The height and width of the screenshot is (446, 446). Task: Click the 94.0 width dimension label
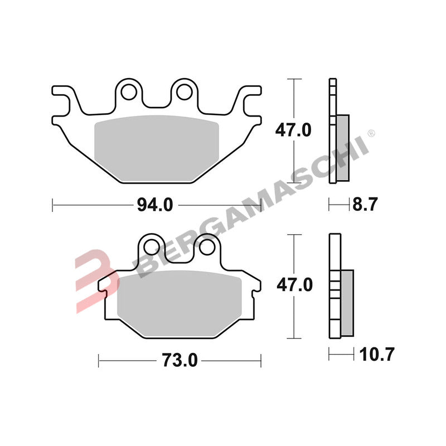[155, 205]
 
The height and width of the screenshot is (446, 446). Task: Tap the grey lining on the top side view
[343, 148]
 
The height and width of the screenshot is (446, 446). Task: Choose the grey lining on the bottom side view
[346, 302]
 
